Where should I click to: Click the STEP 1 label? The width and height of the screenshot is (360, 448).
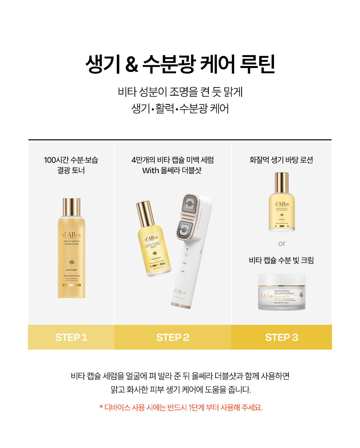(x=71, y=337)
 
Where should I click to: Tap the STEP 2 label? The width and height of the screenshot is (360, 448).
(x=173, y=337)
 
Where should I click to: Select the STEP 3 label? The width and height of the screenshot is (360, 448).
(x=282, y=337)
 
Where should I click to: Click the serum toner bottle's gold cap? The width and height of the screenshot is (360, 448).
(x=71, y=207)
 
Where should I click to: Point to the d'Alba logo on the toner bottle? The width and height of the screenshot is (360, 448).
(x=71, y=235)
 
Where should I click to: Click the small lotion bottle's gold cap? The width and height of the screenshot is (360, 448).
(x=282, y=182)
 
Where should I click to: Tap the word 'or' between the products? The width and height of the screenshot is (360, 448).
(x=282, y=243)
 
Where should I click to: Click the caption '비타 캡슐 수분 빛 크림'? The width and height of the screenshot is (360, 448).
(x=282, y=260)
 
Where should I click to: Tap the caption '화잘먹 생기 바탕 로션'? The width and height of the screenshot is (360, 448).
(x=282, y=160)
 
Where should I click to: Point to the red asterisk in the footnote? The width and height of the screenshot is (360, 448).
(x=101, y=408)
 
